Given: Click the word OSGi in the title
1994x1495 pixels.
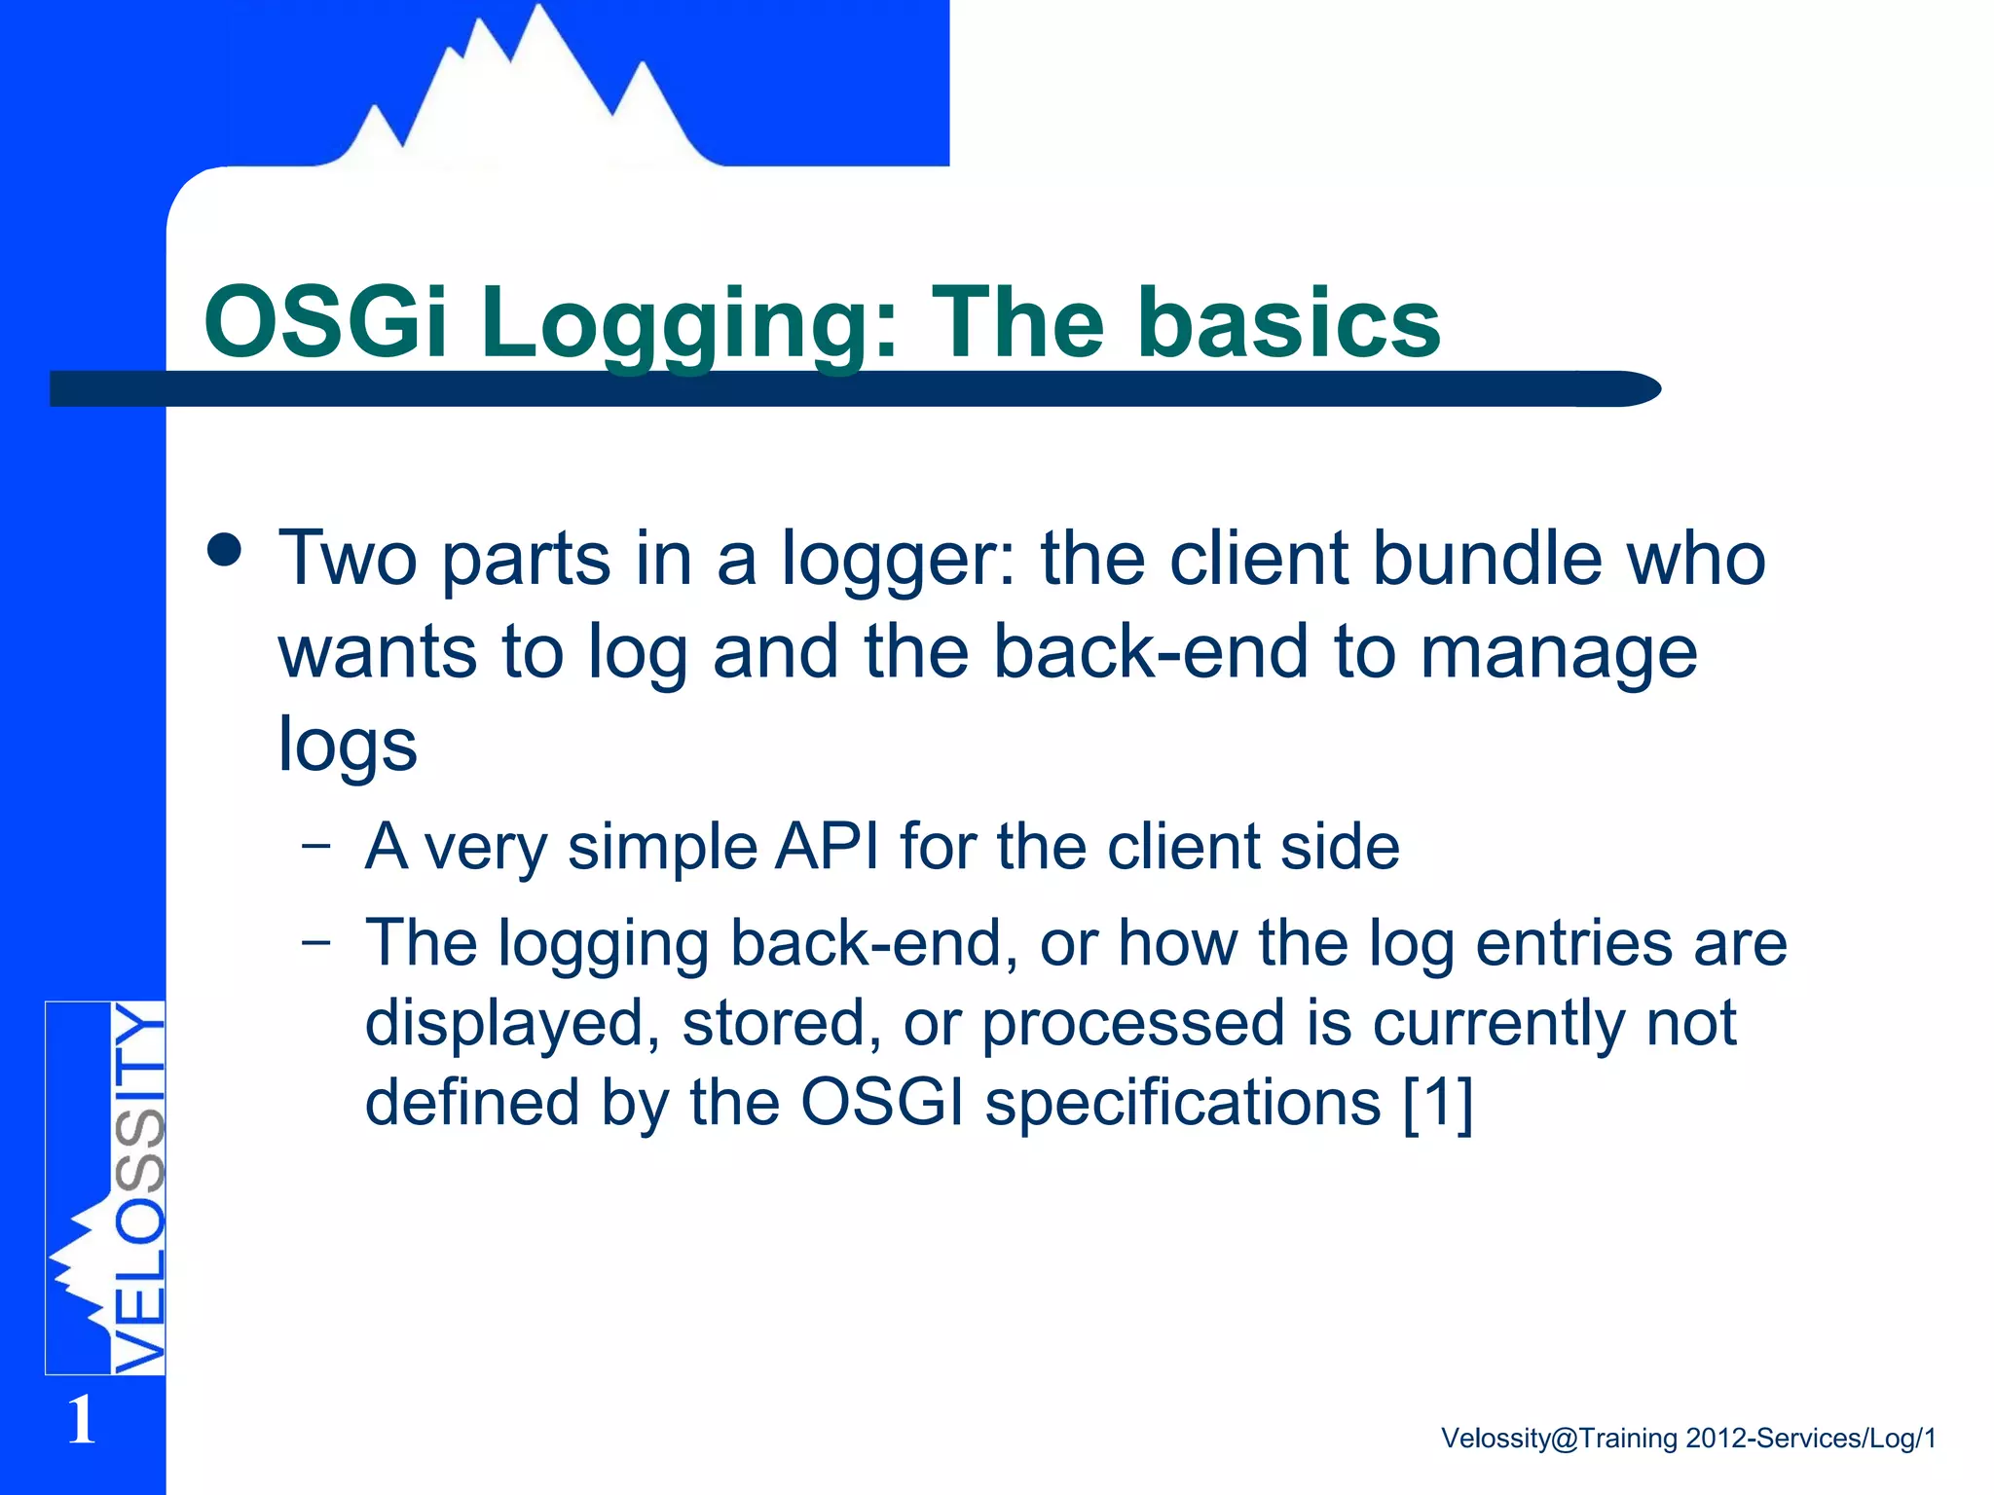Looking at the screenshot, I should pos(325,322).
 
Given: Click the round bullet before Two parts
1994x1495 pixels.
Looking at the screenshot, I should pos(225,551).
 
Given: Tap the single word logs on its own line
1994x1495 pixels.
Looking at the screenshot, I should pos(348,746).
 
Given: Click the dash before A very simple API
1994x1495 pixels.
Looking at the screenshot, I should pos(315,844).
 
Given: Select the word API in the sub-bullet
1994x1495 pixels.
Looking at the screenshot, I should pos(827,846).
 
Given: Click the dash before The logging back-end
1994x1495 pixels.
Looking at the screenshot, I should pos(315,941).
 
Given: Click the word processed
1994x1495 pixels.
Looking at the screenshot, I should pos(1132,1025).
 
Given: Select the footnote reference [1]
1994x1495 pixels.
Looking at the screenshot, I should pos(1437,1103).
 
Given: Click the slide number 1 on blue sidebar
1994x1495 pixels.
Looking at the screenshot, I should pos(82,1420).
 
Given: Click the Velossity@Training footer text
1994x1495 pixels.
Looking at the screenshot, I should pos(1687,1438).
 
